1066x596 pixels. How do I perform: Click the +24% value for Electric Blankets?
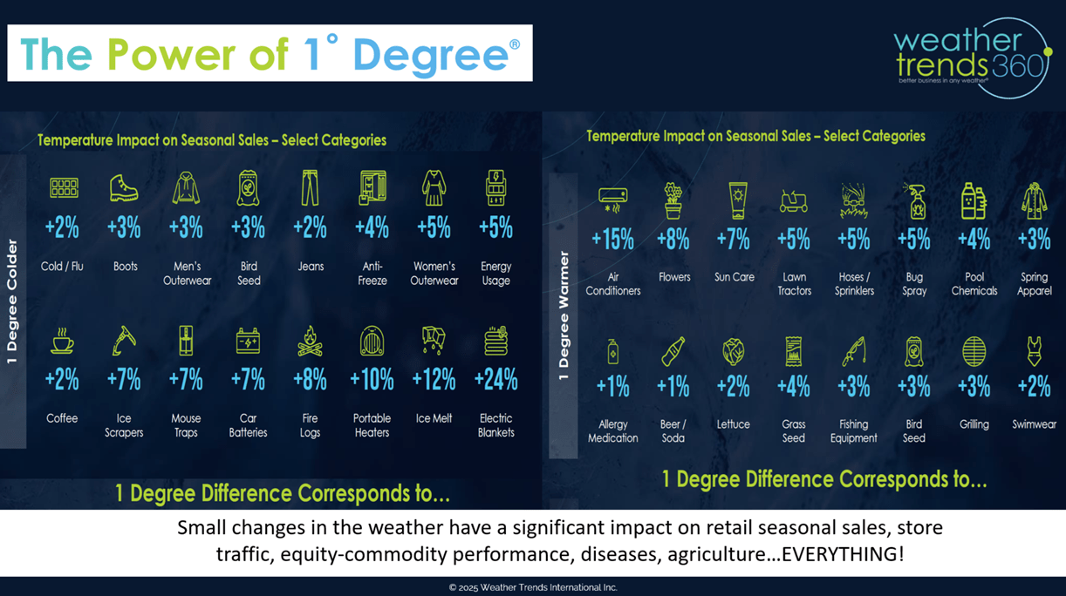(x=495, y=380)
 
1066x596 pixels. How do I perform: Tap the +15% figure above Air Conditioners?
(x=612, y=239)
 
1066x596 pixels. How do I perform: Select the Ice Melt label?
(x=434, y=418)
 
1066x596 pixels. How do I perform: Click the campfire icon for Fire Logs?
(x=310, y=341)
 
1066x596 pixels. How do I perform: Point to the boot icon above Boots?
(x=124, y=187)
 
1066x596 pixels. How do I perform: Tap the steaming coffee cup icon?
(x=62, y=341)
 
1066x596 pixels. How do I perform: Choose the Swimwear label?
(x=1034, y=424)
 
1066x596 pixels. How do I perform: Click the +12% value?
(x=434, y=380)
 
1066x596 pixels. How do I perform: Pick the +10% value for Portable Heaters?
(x=372, y=380)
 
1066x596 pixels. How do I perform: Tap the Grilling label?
(x=974, y=424)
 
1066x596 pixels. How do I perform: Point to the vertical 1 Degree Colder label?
(x=12, y=301)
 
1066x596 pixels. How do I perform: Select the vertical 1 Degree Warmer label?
(x=564, y=315)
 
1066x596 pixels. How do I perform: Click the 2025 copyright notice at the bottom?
(x=533, y=587)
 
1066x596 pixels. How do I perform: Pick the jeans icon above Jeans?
(x=310, y=187)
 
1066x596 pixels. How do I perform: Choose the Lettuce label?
(x=733, y=424)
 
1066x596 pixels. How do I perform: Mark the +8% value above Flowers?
(x=673, y=239)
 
